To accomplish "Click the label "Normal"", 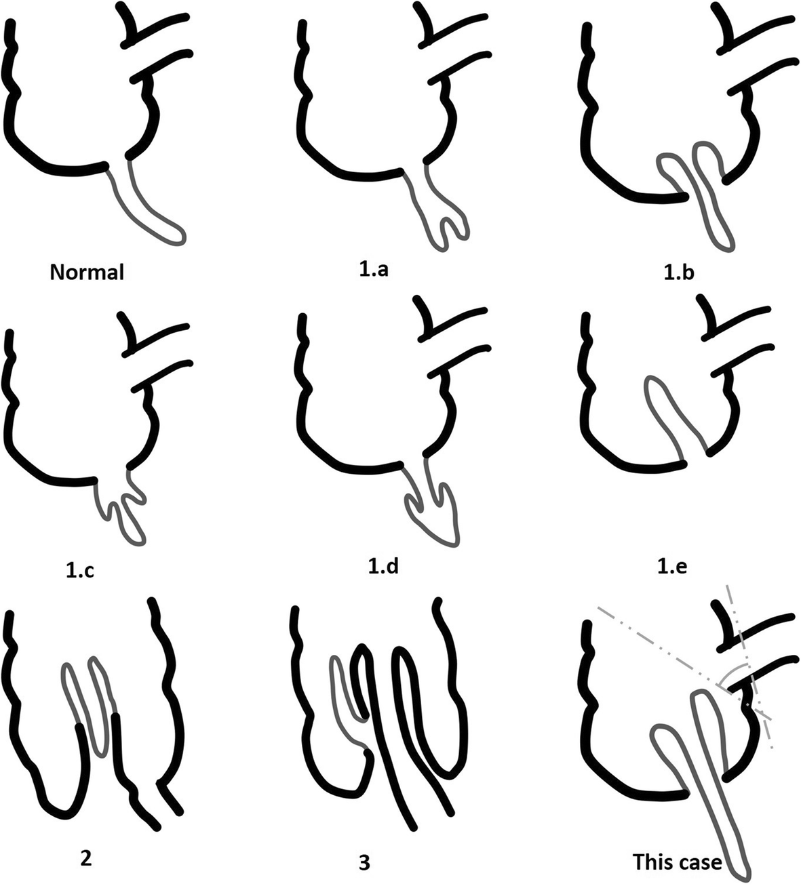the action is (x=87, y=273).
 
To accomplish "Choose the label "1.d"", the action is (x=383, y=566).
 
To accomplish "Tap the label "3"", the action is (x=364, y=862).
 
